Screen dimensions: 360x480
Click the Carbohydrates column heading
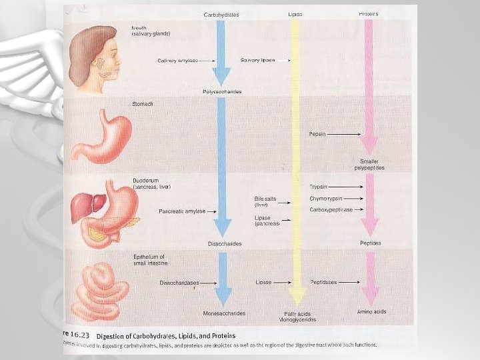tap(221, 15)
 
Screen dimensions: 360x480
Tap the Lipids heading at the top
tap(295, 14)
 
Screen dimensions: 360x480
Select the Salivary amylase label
tap(178, 60)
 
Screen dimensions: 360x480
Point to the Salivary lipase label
tap(258, 60)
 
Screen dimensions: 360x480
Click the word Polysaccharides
tap(222, 91)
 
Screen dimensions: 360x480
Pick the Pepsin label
tap(317, 134)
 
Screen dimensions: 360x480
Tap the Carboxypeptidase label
tap(331, 209)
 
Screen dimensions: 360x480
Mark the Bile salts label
tap(265, 199)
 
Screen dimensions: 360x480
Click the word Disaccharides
tap(224, 243)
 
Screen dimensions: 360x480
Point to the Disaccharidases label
tap(179, 283)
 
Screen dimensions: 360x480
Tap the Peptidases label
tap(324, 282)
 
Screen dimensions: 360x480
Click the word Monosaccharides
tap(224, 313)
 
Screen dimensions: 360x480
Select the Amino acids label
tap(371, 311)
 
